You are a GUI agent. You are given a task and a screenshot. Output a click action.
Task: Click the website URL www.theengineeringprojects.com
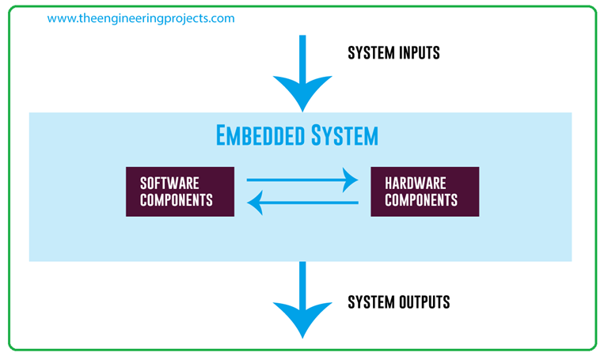(x=141, y=18)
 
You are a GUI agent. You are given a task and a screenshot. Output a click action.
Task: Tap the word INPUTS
(x=419, y=54)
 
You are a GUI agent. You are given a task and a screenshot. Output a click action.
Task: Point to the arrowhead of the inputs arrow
(x=302, y=93)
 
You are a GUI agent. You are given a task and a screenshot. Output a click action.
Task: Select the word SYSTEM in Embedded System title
(x=344, y=135)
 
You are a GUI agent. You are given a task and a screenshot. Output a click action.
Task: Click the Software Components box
(x=180, y=191)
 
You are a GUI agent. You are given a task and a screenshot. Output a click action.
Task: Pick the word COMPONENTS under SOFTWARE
(x=177, y=200)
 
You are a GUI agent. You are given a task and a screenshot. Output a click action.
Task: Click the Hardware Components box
(x=424, y=191)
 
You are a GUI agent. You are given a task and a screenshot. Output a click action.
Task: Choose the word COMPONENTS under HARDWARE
(x=421, y=200)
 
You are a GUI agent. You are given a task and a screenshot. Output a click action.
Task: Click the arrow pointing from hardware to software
(x=305, y=204)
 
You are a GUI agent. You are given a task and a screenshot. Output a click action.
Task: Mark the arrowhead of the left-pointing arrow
(x=255, y=204)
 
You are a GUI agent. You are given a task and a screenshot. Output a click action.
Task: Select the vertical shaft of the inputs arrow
(x=302, y=55)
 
